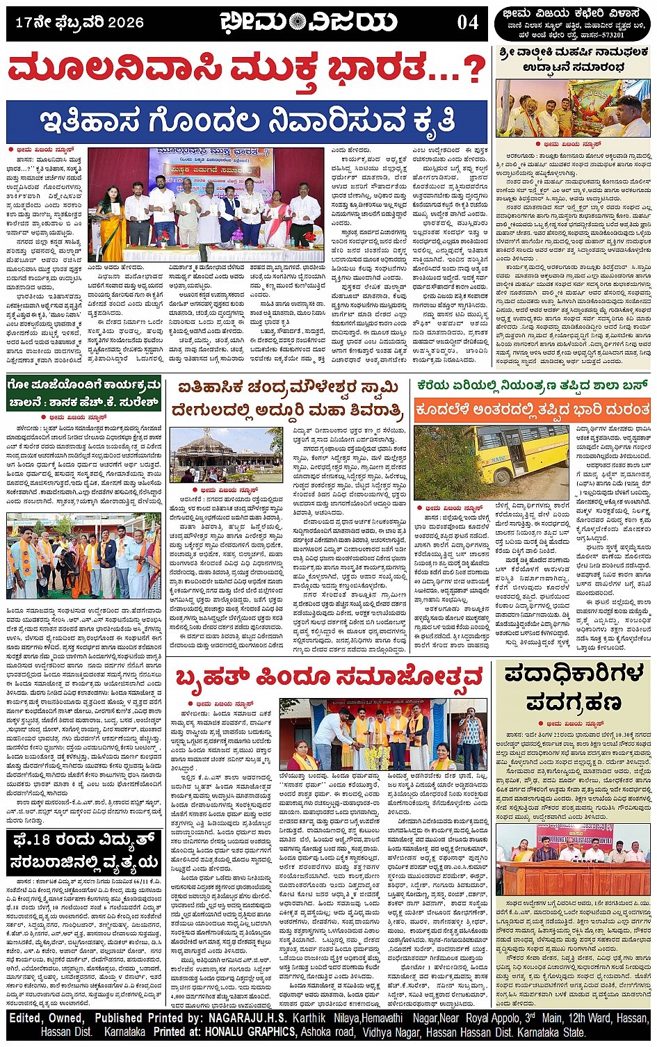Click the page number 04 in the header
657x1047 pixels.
click(467, 22)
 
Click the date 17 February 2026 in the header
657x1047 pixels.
click(79, 22)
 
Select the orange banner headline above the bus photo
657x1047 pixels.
click(533, 410)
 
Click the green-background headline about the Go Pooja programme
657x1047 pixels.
click(84, 393)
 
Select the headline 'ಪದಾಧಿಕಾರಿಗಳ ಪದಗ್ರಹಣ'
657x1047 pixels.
click(574, 688)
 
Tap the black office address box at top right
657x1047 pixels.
click(573, 24)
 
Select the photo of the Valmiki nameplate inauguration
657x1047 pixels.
click(573, 108)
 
